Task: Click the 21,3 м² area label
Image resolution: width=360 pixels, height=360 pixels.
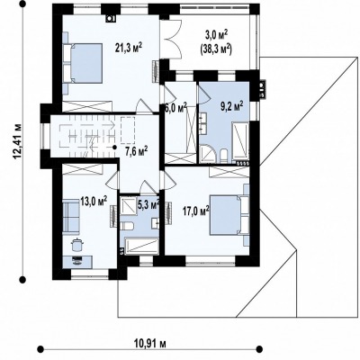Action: (x=129, y=48)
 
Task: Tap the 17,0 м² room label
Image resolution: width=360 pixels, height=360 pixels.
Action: (x=196, y=211)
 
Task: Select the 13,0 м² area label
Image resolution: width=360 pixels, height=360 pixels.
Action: (x=94, y=201)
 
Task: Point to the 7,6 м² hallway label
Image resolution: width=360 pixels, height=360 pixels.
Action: (x=136, y=151)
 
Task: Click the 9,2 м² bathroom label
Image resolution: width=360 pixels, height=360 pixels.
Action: (x=232, y=106)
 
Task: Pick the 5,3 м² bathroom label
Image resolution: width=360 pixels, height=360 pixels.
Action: (x=148, y=204)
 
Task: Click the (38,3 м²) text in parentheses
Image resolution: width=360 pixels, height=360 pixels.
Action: (x=216, y=49)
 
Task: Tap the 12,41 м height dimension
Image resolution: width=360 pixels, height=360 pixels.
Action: (x=18, y=140)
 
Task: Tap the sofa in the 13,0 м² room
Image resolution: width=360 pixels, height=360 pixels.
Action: (x=71, y=217)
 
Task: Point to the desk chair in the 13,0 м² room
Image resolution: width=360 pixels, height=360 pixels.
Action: (x=76, y=244)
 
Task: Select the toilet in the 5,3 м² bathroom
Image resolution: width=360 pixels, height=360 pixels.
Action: (x=127, y=225)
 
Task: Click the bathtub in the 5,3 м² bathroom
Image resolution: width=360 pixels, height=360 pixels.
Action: (x=141, y=247)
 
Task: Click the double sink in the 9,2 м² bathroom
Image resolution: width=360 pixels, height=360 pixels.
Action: (x=201, y=124)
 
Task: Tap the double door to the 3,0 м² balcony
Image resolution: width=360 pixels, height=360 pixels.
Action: (x=171, y=39)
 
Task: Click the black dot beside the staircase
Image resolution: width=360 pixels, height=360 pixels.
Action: (x=114, y=147)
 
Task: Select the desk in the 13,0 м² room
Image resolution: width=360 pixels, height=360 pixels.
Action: (x=77, y=262)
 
